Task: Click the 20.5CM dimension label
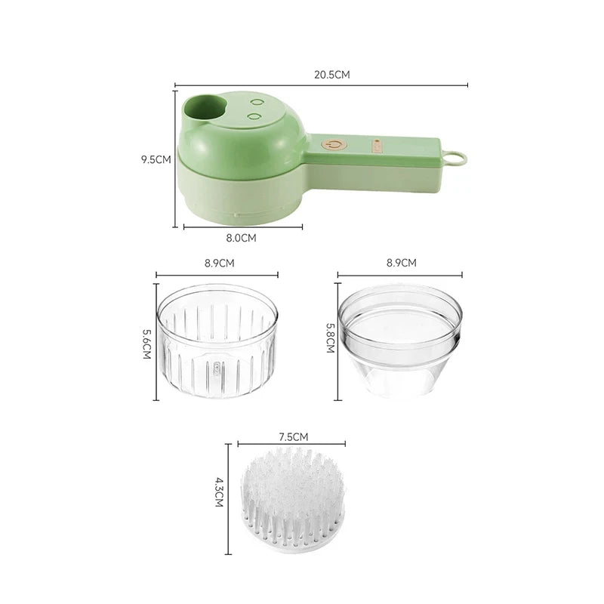(x=333, y=75)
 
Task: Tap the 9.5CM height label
(x=157, y=160)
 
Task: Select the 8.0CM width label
(x=242, y=237)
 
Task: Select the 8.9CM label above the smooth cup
(x=400, y=263)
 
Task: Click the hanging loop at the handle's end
(x=456, y=158)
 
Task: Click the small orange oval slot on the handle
(x=375, y=143)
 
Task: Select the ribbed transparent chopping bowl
(x=216, y=344)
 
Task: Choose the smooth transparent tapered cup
(x=399, y=344)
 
